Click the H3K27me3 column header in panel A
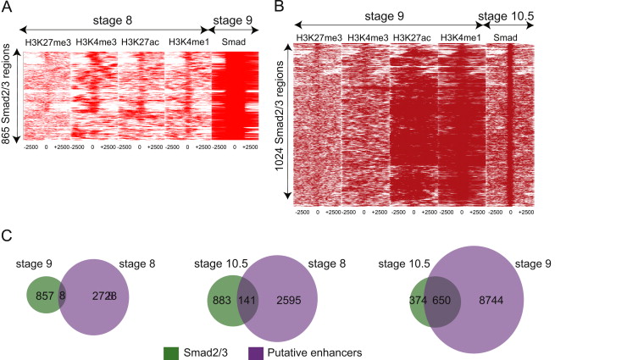pos(47,41)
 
